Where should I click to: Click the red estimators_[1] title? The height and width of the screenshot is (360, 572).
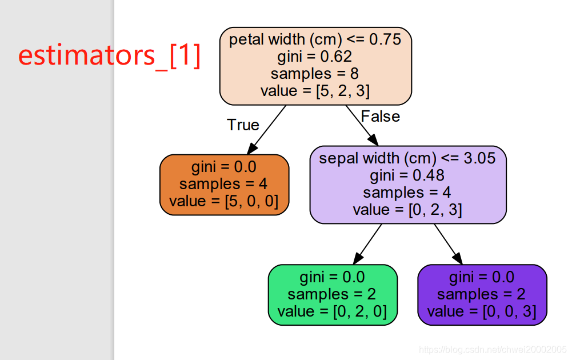109,56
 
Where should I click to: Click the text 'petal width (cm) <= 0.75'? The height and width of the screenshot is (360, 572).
315,39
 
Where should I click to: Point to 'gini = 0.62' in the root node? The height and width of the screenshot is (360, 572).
315,57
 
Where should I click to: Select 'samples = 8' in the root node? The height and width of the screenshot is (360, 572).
315,74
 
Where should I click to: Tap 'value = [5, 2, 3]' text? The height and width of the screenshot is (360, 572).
315,91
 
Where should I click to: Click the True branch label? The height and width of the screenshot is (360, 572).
243,125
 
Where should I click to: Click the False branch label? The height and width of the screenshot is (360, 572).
381,117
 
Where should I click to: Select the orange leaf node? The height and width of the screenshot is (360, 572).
224,184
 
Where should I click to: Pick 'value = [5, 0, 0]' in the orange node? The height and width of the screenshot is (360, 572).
224,201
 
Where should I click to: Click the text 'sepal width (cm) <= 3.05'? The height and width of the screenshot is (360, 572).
407,158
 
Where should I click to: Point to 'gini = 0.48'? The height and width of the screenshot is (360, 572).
407,175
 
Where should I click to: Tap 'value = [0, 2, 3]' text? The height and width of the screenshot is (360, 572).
407,210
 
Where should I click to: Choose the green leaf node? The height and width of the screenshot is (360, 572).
333,294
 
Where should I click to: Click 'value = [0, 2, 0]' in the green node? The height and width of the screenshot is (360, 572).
333,311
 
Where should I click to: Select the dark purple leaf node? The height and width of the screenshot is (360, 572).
482,294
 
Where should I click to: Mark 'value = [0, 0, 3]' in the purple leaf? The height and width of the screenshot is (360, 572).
482,311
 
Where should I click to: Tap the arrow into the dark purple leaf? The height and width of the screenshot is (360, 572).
448,243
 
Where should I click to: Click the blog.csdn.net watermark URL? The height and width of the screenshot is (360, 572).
492,349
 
